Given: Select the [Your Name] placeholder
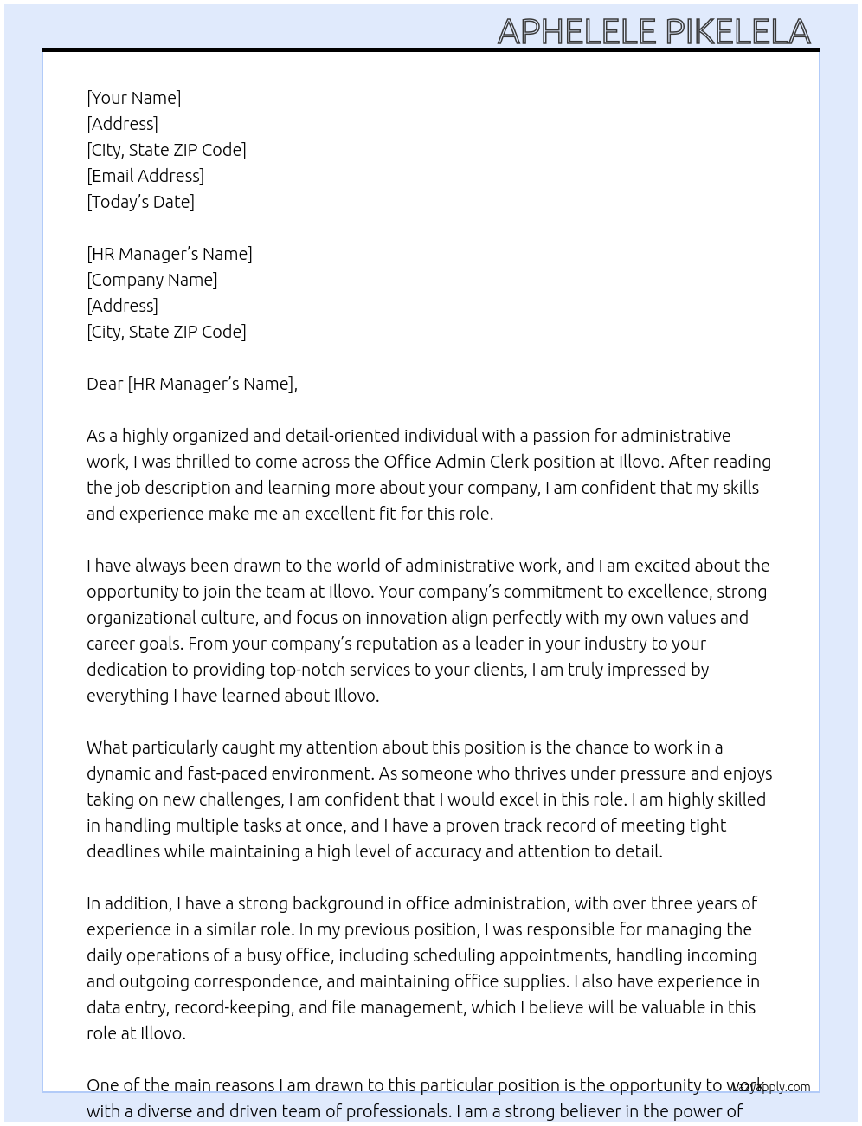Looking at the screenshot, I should click(x=134, y=98).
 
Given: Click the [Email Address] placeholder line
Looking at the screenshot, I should click(x=145, y=176).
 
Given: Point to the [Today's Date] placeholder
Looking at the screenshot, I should click(x=140, y=202).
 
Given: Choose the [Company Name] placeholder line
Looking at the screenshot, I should click(x=152, y=280).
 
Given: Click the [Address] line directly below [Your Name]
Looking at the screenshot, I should click(x=122, y=124).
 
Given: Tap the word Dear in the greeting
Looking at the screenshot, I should click(x=105, y=384).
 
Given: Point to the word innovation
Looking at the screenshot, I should click(x=405, y=618).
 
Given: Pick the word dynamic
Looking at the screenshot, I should click(x=119, y=773).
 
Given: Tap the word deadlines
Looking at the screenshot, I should click(x=123, y=851).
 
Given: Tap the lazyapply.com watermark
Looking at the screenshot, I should click(x=771, y=1087).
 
